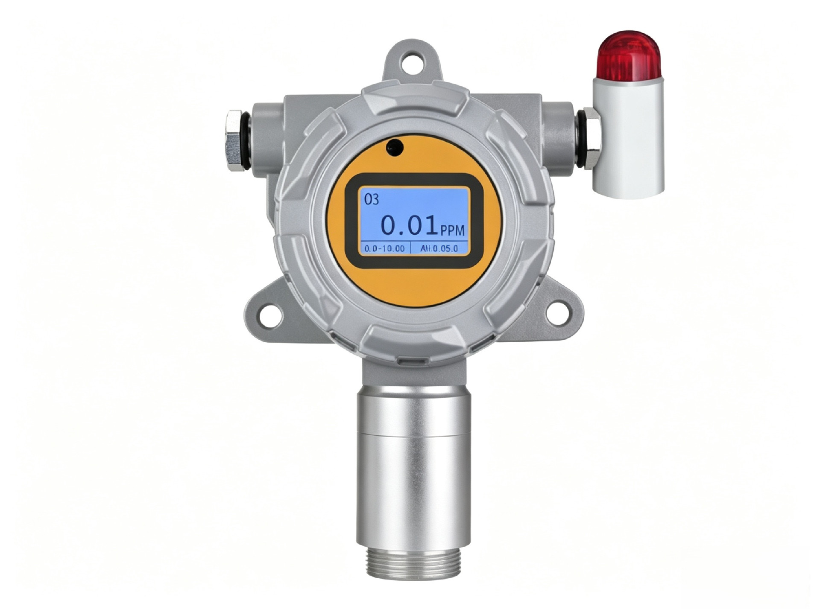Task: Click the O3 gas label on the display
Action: tap(372, 199)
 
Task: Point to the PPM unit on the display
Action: tap(452, 230)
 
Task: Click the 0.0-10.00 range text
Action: tap(384, 248)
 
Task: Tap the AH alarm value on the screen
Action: tap(439, 248)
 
